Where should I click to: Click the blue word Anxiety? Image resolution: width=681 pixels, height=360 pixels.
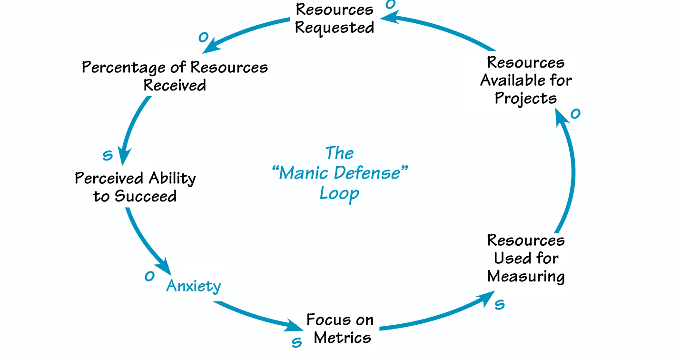click(x=193, y=286)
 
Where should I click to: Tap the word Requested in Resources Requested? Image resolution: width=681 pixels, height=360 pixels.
click(x=334, y=27)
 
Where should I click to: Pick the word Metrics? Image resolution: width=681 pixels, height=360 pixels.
click(x=342, y=338)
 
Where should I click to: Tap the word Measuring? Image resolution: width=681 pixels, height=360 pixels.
click(x=526, y=277)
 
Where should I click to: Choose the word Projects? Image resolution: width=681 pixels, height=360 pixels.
click(x=525, y=98)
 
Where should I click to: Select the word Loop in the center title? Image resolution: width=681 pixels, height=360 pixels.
click(x=339, y=193)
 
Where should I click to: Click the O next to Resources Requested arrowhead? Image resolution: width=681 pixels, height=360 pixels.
click(x=390, y=5)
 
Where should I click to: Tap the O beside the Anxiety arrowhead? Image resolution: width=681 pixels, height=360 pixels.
click(x=149, y=276)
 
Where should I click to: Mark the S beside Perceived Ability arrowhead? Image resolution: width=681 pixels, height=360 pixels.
click(x=108, y=155)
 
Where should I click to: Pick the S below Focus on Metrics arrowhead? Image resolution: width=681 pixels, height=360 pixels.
click(x=296, y=342)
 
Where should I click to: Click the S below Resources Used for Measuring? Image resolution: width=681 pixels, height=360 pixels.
click(x=499, y=305)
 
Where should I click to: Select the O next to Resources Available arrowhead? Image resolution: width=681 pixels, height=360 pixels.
click(x=575, y=114)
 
